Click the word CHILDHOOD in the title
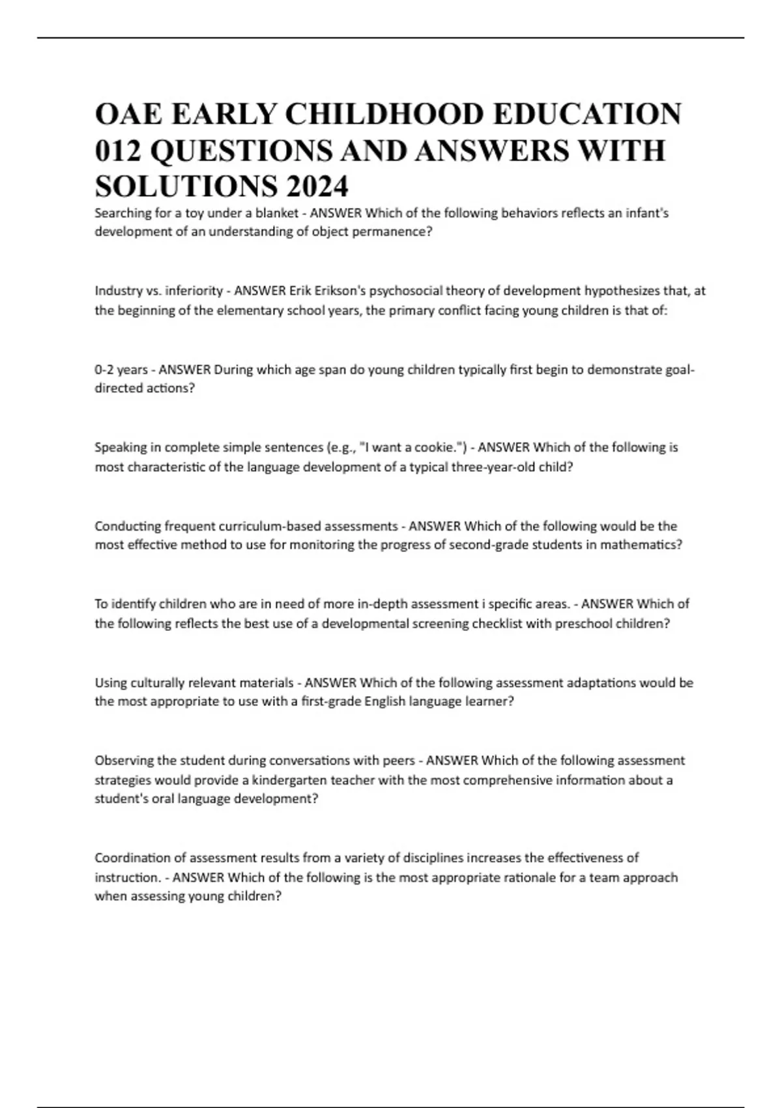click(x=384, y=114)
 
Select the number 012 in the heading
click(x=118, y=151)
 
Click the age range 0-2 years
click(x=121, y=370)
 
